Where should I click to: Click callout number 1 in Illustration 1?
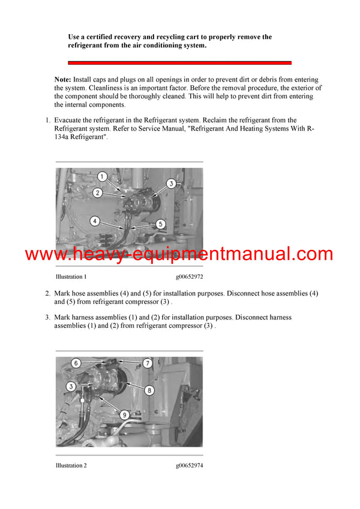[103, 176]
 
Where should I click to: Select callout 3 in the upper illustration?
[170, 183]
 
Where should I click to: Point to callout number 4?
[95, 221]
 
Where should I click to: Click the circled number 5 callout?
[160, 224]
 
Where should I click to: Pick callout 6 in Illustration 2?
[76, 363]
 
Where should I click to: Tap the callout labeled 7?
[147, 363]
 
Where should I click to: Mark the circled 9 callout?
[124, 414]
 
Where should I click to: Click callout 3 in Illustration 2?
[70, 387]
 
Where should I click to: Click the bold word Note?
[62, 80]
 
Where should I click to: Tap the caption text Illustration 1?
[71, 277]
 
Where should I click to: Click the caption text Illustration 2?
[71, 465]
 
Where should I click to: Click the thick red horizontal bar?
[179, 62]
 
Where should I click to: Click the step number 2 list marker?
[47, 294]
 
